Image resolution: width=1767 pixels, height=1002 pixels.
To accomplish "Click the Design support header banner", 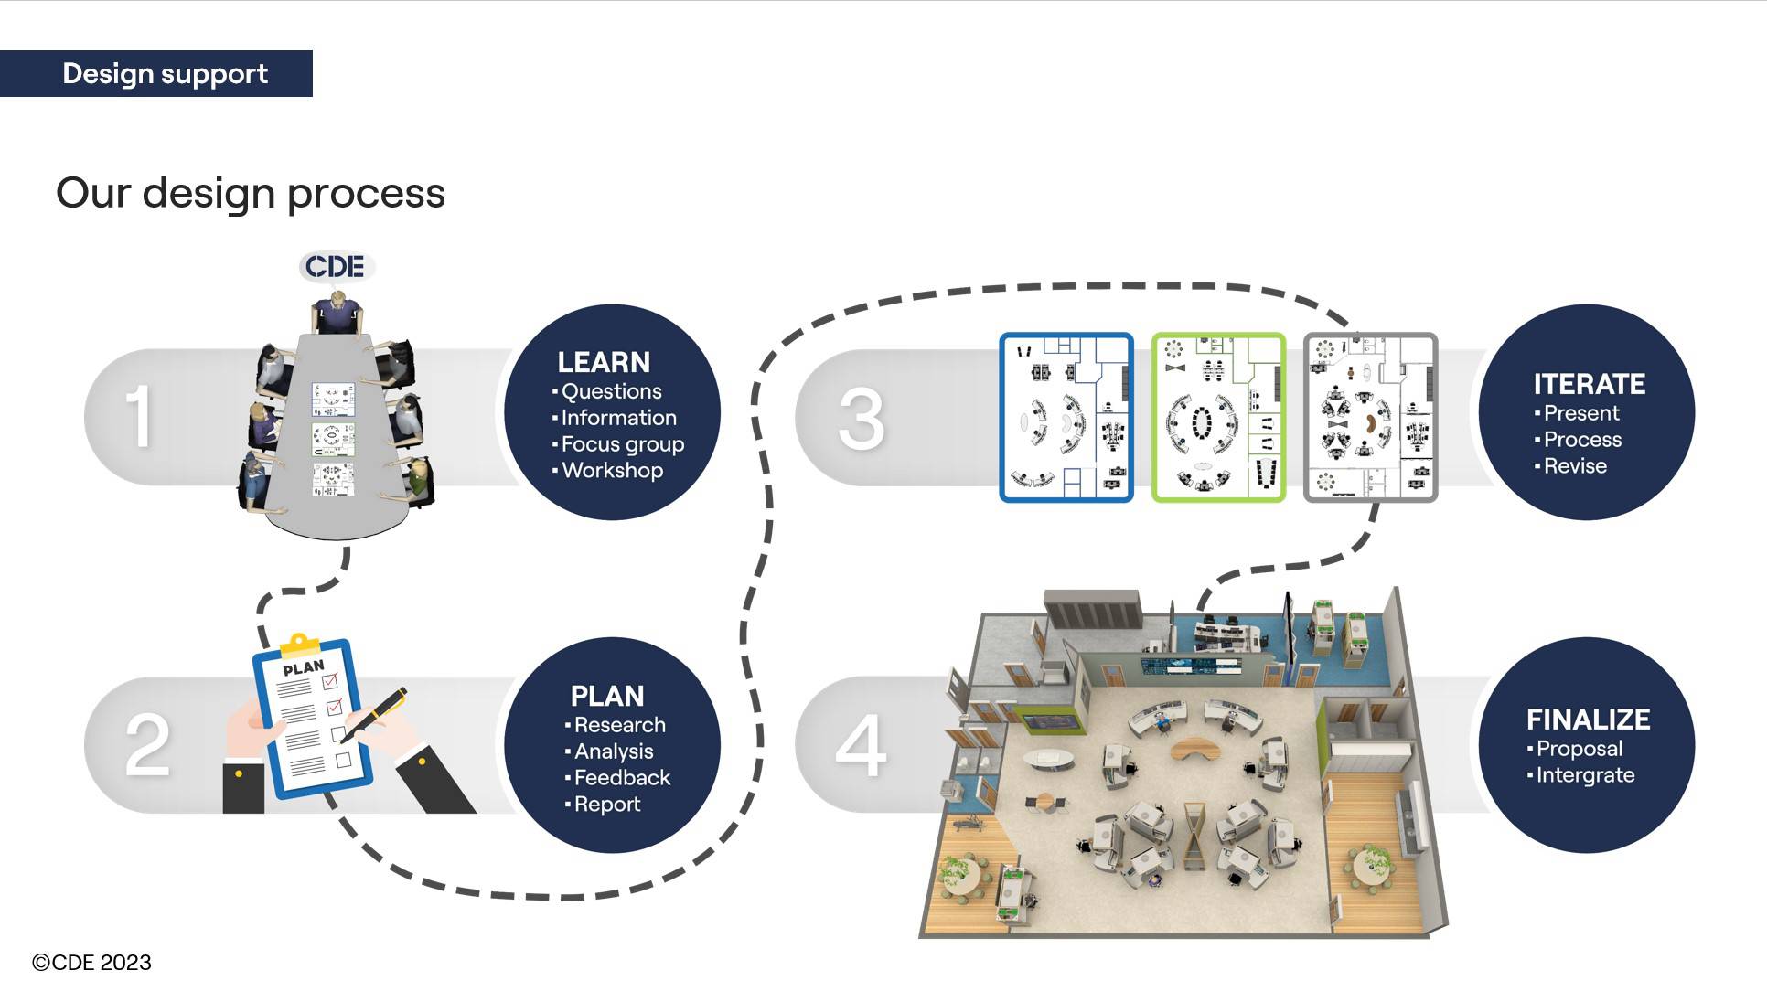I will (156, 73).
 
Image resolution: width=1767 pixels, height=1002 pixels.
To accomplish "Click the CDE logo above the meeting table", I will (335, 267).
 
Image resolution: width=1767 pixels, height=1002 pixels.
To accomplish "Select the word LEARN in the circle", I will (604, 362).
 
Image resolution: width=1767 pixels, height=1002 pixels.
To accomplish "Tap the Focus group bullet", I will (622, 444).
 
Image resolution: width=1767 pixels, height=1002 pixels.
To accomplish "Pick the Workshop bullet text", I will (612, 471).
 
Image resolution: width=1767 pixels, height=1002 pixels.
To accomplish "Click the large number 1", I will (138, 417).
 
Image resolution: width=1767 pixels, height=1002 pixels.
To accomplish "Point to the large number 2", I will (147, 745).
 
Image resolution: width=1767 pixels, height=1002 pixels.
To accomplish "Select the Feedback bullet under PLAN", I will (622, 778).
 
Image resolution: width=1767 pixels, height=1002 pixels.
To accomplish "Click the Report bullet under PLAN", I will (606, 805).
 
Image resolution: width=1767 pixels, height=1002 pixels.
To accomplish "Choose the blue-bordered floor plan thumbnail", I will (1066, 418).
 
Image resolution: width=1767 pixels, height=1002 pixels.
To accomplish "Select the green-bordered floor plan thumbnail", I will (1218, 418).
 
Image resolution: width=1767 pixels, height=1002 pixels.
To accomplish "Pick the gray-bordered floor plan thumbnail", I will (1370, 418).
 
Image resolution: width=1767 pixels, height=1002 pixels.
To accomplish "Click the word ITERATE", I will (1589, 384).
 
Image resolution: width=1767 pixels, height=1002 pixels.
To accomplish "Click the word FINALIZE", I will (1588, 720).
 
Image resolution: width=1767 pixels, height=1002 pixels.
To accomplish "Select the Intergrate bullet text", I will (1585, 775).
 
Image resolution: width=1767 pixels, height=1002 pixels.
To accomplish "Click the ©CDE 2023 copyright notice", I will (91, 963).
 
